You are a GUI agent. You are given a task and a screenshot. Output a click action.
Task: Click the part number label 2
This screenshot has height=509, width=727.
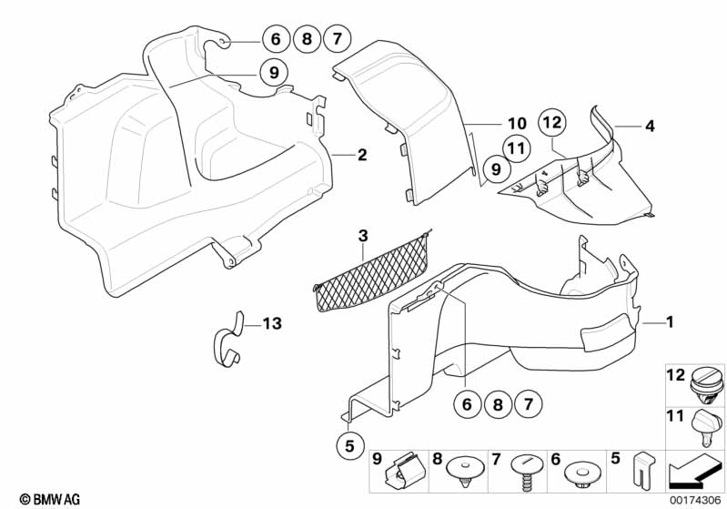click(361, 156)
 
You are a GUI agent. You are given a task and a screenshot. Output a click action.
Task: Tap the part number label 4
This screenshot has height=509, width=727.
click(650, 127)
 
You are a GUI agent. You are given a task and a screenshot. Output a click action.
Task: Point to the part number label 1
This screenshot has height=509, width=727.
click(670, 322)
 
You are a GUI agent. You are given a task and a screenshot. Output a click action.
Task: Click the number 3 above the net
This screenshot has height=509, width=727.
click(362, 237)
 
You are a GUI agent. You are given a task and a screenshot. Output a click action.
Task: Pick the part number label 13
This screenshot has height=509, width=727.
click(273, 323)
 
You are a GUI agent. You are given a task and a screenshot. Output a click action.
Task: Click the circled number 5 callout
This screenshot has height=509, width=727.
click(348, 446)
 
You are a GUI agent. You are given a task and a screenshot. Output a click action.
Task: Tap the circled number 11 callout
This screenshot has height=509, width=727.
click(516, 148)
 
